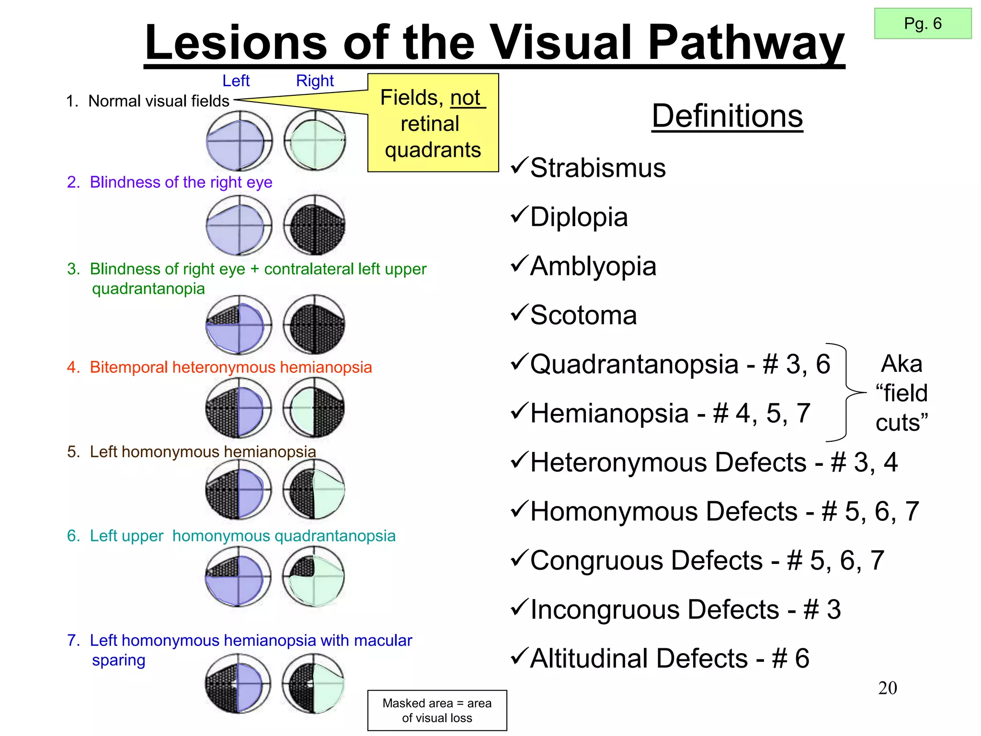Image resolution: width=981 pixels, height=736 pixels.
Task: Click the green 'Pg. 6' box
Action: tap(923, 23)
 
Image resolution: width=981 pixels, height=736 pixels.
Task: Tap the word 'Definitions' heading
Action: tap(727, 116)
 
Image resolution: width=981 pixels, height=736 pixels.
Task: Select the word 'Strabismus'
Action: tap(598, 168)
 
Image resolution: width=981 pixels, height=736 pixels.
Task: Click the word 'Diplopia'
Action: tap(579, 217)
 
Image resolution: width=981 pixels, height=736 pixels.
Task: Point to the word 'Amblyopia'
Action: tap(593, 266)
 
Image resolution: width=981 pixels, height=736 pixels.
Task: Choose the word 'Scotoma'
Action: tap(583, 315)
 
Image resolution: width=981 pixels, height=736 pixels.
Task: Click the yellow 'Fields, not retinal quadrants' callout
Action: tap(433, 123)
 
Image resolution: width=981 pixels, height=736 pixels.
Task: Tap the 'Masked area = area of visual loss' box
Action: tap(437, 710)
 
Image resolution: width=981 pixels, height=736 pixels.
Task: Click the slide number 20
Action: tap(887, 688)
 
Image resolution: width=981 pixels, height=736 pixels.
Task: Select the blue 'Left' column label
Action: tap(236, 80)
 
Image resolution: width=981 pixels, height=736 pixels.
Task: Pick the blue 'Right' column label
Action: tap(315, 80)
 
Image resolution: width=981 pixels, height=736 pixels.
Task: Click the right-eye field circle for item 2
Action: tap(314, 224)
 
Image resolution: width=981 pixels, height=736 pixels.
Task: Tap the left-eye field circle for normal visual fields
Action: tap(239, 140)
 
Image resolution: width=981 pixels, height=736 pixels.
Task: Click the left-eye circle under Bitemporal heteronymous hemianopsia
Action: tap(239, 408)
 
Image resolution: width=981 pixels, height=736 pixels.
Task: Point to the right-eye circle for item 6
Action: tap(314, 576)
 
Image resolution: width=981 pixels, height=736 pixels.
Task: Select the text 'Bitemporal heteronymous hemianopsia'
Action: tap(230, 367)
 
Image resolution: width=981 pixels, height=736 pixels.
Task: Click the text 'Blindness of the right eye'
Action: tap(181, 182)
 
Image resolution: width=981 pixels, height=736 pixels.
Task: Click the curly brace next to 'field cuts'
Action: tap(846, 392)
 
